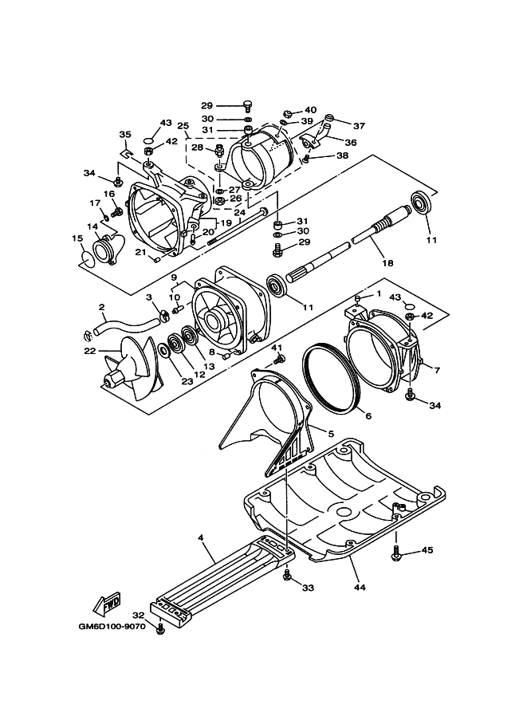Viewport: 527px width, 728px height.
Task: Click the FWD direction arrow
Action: pyautogui.click(x=106, y=602)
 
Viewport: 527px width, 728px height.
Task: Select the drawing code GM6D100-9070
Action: pyautogui.click(x=112, y=626)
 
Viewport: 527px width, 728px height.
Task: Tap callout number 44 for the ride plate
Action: pyautogui.click(x=360, y=588)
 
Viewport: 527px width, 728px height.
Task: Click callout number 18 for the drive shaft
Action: pyautogui.click(x=387, y=263)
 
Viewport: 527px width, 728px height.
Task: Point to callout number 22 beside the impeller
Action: pyautogui.click(x=89, y=351)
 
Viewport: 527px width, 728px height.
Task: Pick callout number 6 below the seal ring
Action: pyautogui.click(x=368, y=416)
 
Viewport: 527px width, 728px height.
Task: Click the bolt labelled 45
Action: pyautogui.click(x=396, y=553)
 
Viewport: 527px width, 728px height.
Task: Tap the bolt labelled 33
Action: pyautogui.click(x=287, y=576)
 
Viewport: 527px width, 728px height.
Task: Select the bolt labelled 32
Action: pyautogui.click(x=161, y=629)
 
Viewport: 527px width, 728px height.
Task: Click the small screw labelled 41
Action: pyautogui.click(x=280, y=359)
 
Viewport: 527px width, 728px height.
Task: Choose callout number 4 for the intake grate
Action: pyautogui.click(x=200, y=537)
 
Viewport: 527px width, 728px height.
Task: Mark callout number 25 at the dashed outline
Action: pyautogui.click(x=183, y=126)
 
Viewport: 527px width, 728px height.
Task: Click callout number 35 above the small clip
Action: pyautogui.click(x=125, y=135)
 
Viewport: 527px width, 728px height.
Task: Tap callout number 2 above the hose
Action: pyautogui.click(x=102, y=307)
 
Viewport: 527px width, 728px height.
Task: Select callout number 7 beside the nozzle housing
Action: pyautogui.click(x=436, y=370)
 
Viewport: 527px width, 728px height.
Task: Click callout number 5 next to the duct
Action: pyautogui.click(x=331, y=434)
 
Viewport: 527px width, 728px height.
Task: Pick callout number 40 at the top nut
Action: pyautogui.click(x=310, y=110)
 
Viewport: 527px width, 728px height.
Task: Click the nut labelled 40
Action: pyautogui.click(x=287, y=113)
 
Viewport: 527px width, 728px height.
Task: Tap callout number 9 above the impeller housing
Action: pyautogui.click(x=174, y=277)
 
